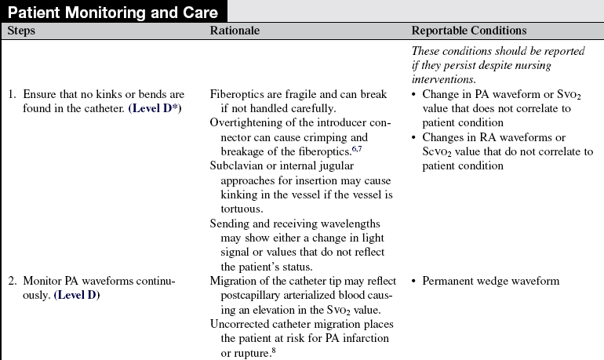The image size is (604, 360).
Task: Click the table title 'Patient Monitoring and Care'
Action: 114,12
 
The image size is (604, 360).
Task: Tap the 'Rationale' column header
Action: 235,31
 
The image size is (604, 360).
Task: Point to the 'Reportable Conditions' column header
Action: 468,31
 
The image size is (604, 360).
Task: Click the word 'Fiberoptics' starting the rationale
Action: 236,95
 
